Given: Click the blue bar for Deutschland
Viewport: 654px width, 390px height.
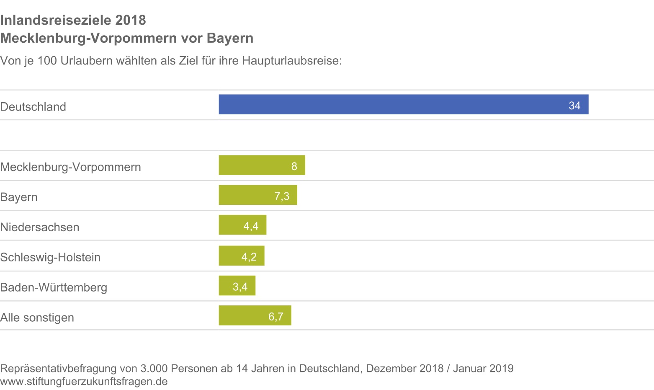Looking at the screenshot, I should tap(403, 104).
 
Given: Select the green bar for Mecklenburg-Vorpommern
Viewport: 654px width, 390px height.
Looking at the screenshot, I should tap(262, 165).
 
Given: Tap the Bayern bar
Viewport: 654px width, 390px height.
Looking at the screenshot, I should tap(257, 195).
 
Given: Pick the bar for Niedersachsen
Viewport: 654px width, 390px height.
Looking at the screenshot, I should tap(242, 225).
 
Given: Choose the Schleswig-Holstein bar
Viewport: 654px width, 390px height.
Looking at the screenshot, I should tap(241, 256).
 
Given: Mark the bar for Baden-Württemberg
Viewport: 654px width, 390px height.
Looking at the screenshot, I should tap(237, 286).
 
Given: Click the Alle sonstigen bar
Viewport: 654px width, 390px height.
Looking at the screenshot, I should tap(255, 315).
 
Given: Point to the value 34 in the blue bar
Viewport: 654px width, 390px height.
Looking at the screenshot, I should tap(574, 106).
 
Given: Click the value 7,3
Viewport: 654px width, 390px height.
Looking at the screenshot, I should tap(282, 196).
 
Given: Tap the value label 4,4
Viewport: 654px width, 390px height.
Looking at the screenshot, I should tap(251, 226).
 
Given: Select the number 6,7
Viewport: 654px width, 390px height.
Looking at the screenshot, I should tap(276, 317).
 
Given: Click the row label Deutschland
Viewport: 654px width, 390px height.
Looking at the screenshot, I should tap(33, 107).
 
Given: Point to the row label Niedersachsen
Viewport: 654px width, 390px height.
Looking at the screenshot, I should tap(40, 227).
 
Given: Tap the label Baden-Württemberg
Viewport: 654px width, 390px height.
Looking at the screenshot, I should tap(54, 287).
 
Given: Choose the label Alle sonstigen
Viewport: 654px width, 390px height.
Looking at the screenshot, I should tap(37, 318).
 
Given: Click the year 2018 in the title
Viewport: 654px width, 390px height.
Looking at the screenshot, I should tap(131, 20).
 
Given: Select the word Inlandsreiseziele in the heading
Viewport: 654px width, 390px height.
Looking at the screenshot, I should tap(56, 20).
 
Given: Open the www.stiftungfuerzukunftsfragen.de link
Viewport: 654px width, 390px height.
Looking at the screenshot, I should tap(84, 382).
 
